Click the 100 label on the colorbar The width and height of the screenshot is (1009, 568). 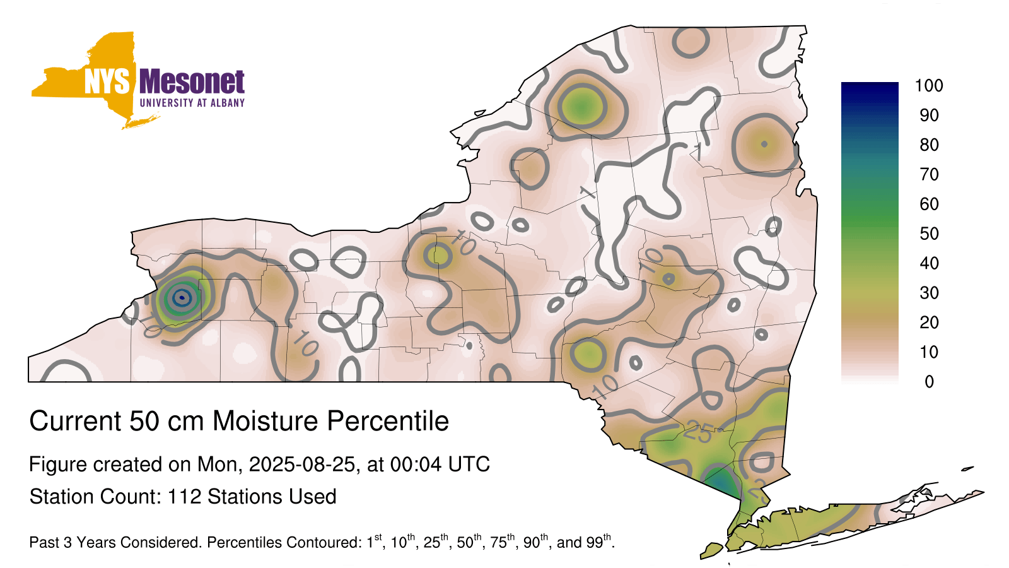(929, 86)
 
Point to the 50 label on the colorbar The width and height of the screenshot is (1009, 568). (929, 234)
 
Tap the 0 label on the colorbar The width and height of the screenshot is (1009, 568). (929, 382)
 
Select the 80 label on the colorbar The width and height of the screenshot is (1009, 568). (929, 145)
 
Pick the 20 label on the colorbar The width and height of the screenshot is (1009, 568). (929, 322)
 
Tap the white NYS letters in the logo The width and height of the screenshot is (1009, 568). (107, 81)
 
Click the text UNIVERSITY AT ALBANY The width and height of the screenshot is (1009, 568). (192, 103)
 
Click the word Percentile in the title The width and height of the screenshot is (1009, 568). (388, 421)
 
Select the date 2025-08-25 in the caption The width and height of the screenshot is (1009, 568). (302, 464)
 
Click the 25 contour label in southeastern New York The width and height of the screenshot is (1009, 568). (697, 433)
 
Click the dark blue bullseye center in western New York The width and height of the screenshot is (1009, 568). (182, 297)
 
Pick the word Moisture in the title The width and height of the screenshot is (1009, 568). (265, 421)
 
